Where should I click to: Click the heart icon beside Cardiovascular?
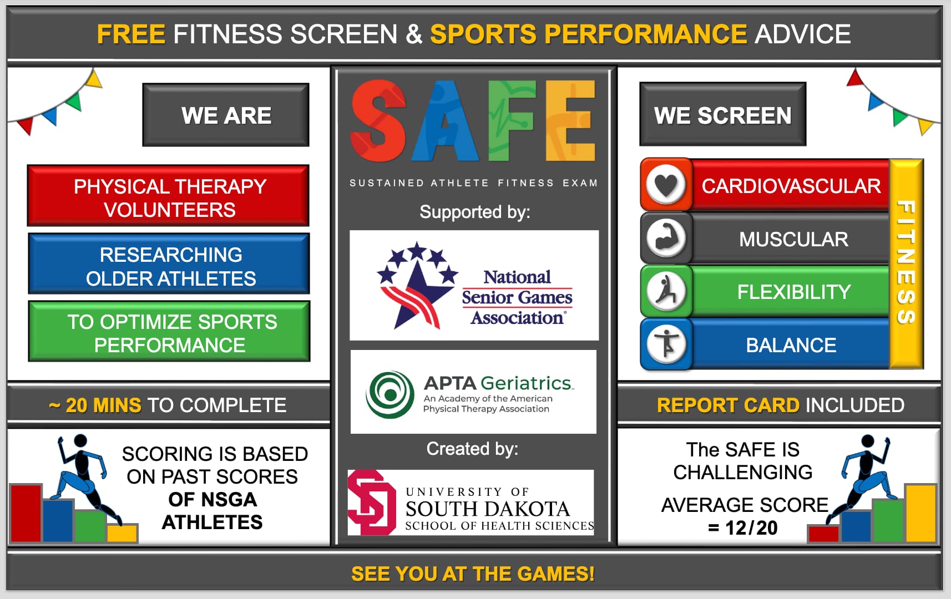tap(666, 185)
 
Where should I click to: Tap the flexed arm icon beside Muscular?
tap(666, 238)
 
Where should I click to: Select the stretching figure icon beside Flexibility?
tap(666, 292)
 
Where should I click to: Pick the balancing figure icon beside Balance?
tap(666, 344)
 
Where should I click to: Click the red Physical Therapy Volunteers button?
tap(168, 195)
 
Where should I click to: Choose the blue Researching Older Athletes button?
tap(169, 263)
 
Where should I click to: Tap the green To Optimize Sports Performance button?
tap(169, 332)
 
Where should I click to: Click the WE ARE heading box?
tap(226, 115)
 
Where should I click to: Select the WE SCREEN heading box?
tap(722, 114)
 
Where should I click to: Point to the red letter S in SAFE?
tap(378, 121)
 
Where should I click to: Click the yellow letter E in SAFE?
tap(570, 121)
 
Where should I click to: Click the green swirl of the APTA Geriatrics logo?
tap(389, 395)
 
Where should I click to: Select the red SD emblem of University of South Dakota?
tap(372, 502)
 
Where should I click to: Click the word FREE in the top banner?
tap(131, 34)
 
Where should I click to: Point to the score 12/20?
tap(751, 528)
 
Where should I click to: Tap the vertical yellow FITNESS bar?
tap(906, 263)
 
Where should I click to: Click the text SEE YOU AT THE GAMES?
tap(473, 574)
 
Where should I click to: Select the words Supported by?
tap(474, 212)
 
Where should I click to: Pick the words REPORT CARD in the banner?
tap(728, 405)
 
